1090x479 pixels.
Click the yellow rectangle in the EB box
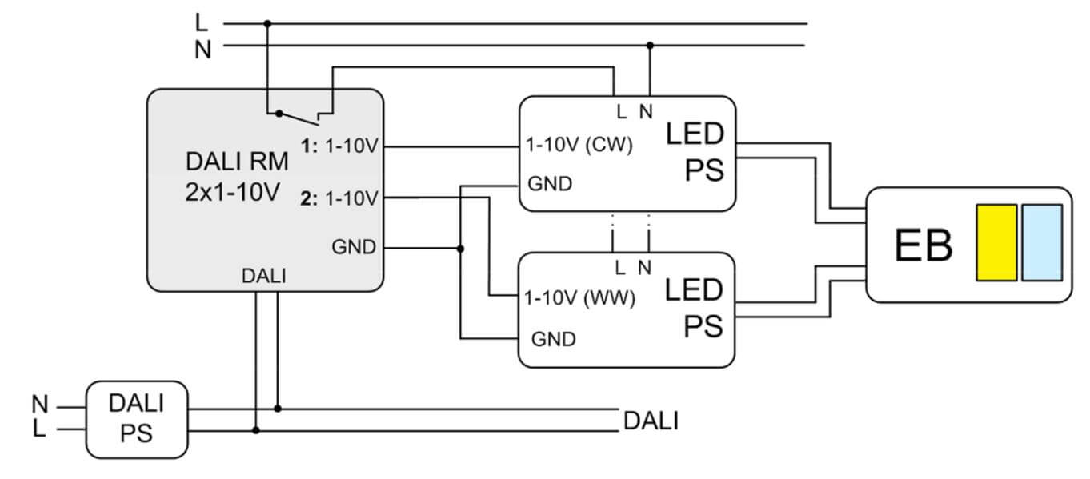tap(996, 242)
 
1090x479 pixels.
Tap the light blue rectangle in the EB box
tap(1042, 242)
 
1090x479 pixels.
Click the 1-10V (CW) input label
tap(579, 146)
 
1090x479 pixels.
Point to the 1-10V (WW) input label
tap(579, 298)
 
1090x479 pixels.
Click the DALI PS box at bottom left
tap(136, 419)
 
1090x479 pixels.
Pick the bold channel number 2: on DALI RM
tap(311, 198)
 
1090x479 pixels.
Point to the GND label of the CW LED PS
tap(550, 184)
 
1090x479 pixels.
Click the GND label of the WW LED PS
tap(553, 338)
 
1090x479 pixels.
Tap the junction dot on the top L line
tap(267, 24)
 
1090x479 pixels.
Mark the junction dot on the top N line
tap(650, 46)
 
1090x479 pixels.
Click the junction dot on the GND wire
tap(460, 249)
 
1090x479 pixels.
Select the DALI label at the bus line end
tap(650, 421)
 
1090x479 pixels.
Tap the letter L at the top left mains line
tap(202, 22)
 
